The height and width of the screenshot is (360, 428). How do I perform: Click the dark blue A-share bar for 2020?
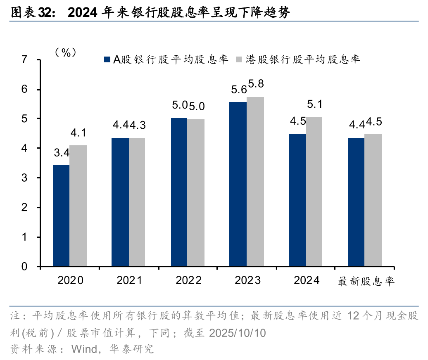pos(61,216)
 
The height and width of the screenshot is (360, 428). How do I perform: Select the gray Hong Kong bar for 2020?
pos(78,206)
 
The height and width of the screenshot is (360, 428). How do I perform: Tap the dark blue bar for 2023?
pos(238,184)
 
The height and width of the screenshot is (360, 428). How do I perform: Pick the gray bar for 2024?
pos(314,192)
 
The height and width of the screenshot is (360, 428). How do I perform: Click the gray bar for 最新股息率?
pos(373,200)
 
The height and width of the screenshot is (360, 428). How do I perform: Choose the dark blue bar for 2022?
pos(179,192)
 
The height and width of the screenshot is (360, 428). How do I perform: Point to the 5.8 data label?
pos(256,84)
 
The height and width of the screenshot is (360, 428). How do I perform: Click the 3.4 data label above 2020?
pos(62,154)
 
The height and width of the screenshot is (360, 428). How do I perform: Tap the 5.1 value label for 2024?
pos(314,104)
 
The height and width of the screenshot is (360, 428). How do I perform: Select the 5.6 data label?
pos(239,89)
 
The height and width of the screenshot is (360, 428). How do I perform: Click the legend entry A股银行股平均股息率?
pos(166,59)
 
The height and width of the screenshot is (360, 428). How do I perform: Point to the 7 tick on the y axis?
pos(24,60)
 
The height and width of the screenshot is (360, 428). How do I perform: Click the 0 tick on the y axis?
pos(24,267)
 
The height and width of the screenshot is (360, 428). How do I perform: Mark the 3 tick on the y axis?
pos(24,178)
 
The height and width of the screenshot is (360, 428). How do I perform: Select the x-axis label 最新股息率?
pos(366,282)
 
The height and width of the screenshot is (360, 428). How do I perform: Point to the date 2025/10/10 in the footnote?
pos(238,333)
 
